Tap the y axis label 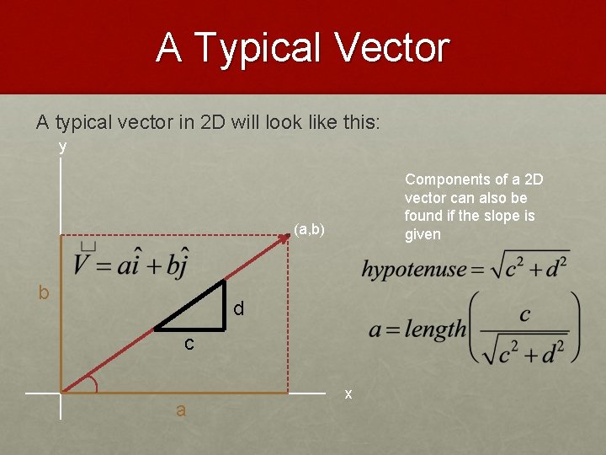click(x=62, y=147)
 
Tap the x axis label click(x=348, y=394)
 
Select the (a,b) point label click(x=310, y=229)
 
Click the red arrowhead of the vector click(x=284, y=238)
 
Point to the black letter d click(x=239, y=309)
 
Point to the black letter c click(x=189, y=344)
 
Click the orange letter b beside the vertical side click(x=44, y=292)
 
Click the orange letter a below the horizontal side click(x=180, y=411)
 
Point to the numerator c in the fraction click(x=524, y=314)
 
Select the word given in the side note click(x=423, y=234)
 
